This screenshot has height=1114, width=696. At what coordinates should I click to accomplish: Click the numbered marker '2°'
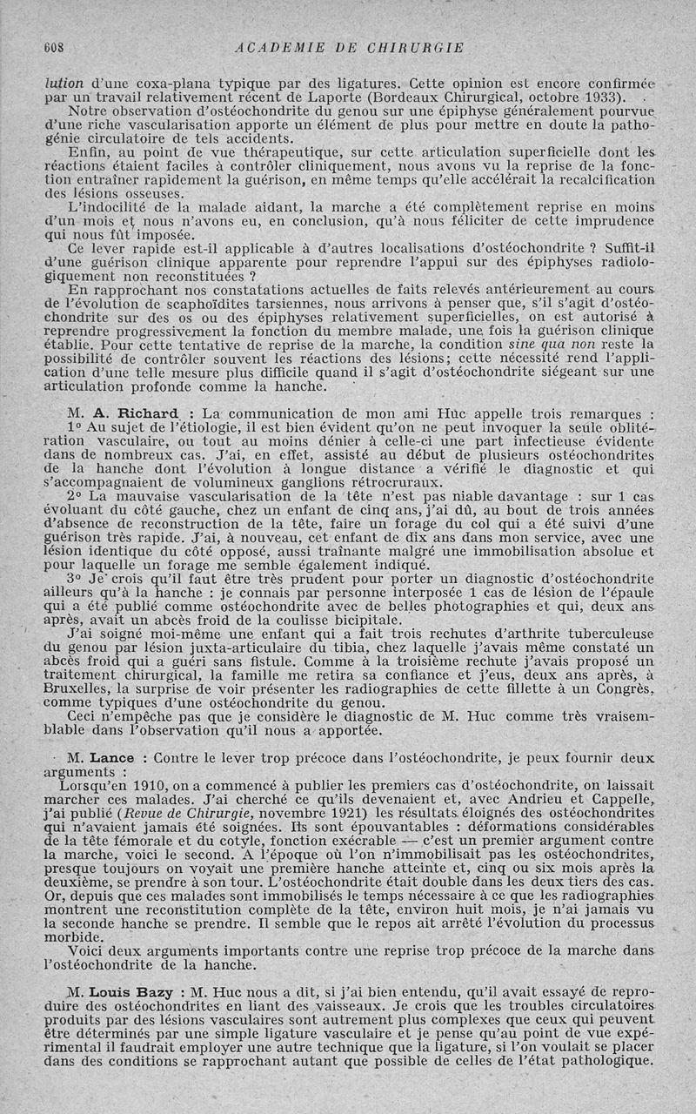tap(74, 495)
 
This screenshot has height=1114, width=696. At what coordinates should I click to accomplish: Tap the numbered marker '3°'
tap(75, 577)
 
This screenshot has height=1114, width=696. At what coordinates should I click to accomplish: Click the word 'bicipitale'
tap(355, 619)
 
